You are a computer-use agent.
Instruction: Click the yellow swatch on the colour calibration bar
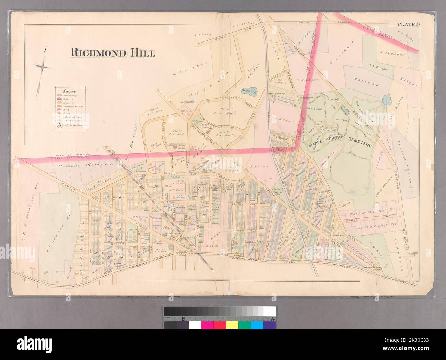[x=232, y=324]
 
